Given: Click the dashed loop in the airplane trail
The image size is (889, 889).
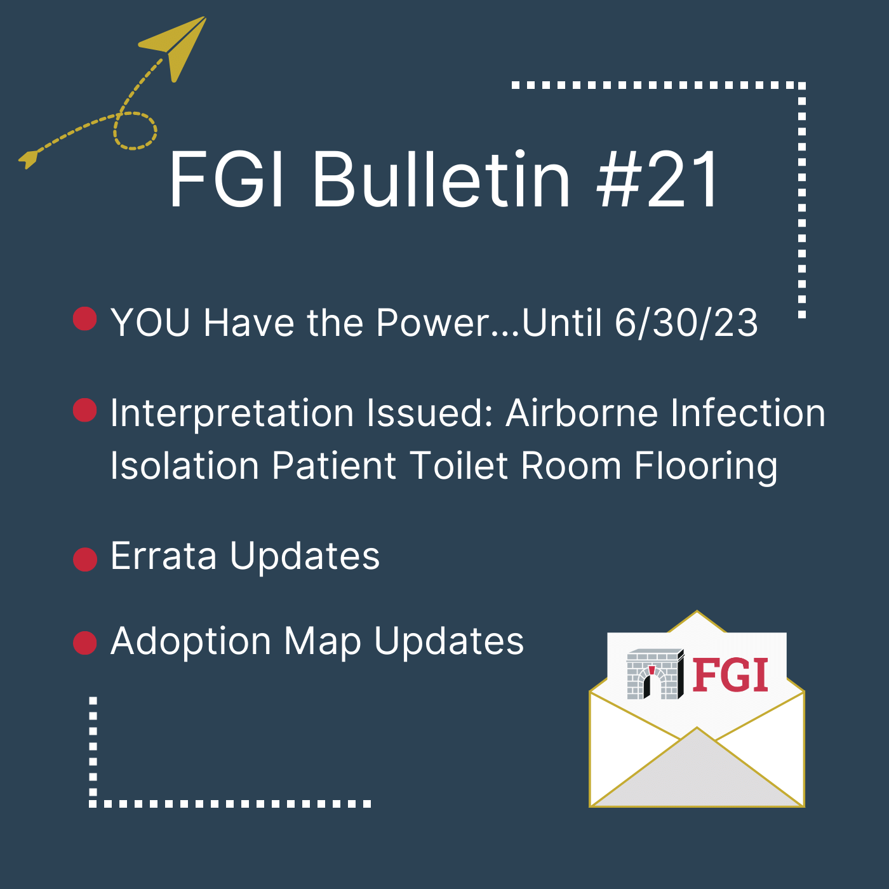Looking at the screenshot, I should click(135, 131).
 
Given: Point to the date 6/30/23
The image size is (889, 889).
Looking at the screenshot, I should click(686, 323).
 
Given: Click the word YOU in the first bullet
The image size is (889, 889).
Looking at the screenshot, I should click(150, 323).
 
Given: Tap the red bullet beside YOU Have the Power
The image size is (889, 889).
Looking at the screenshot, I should click(85, 319).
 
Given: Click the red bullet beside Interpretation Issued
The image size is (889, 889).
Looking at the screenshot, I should click(85, 410).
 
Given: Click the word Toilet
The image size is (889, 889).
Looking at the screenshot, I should click(460, 466).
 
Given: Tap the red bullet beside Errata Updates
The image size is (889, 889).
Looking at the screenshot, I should click(85, 559).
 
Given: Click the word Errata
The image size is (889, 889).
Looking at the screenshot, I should click(164, 556).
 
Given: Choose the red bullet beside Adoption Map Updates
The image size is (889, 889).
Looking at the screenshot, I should click(85, 643).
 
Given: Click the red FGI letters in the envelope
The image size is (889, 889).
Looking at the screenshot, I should click(730, 675).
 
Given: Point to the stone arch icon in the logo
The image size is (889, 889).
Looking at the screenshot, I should click(654, 674).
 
